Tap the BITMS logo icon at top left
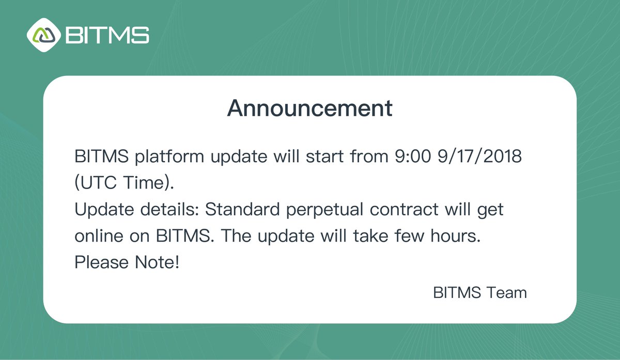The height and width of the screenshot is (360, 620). coord(44,35)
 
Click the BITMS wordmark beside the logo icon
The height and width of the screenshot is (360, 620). coord(107,35)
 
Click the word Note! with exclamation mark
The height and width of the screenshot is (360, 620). coord(157,263)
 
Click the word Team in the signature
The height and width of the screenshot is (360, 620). coord(507,293)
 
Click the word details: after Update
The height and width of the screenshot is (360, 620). coord(167,210)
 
